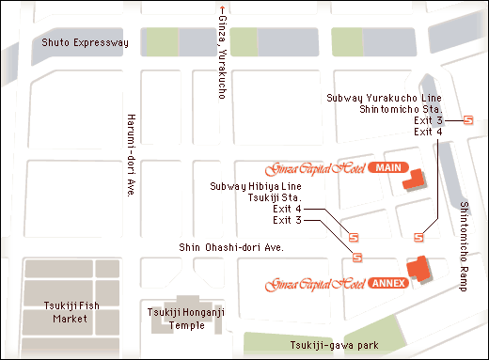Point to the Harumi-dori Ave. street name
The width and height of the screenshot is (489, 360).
coord(130,155)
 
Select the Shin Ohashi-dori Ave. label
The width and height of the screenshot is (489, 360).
coord(231,247)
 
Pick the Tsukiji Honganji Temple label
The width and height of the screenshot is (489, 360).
coord(180,320)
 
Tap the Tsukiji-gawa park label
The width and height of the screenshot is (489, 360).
coord(334,345)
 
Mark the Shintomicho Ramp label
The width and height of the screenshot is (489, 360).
coord(464,245)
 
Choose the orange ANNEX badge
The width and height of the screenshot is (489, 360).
coord(387,282)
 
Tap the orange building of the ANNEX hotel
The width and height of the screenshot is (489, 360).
coord(418,270)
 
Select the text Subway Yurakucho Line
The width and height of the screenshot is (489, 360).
coord(384,98)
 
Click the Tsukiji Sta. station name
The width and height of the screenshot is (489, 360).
coord(274,198)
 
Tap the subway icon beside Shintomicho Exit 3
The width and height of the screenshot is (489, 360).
coord(469,120)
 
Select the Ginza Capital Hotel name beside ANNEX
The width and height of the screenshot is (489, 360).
coord(314,283)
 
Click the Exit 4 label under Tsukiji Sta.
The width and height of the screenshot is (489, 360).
coord(287,209)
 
